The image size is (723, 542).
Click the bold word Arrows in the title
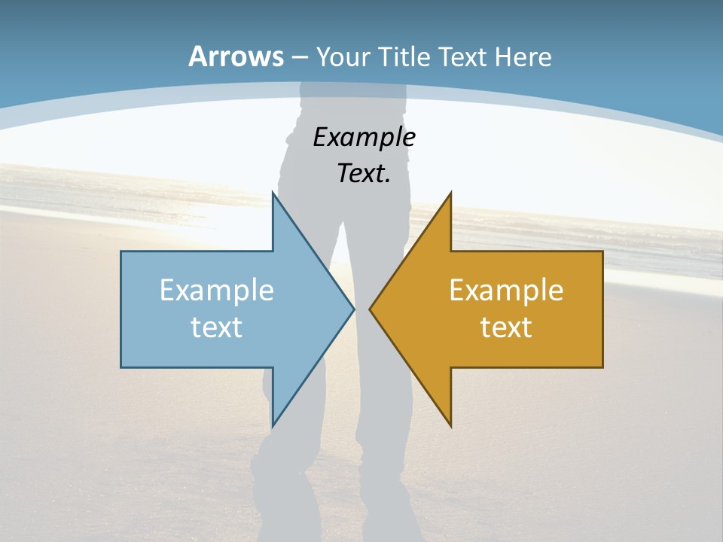coord(236,56)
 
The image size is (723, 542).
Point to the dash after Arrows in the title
coord(299,57)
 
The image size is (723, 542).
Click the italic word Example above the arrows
coord(364,137)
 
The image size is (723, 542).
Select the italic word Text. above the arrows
coord(364,173)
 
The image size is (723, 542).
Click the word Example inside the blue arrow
coord(217,290)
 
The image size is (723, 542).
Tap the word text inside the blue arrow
coord(217,327)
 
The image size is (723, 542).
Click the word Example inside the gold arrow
coord(506,290)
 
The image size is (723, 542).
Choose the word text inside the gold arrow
coord(506,327)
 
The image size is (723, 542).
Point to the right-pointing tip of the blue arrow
coord(353,309)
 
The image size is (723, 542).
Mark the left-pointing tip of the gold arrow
coord(371,309)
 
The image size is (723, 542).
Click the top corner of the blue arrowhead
coord(273,193)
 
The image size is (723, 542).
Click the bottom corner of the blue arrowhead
coord(273,426)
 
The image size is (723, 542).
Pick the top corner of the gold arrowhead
coord(450,193)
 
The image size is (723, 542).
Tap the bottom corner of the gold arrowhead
coord(450,426)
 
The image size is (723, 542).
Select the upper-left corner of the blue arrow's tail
coord(121,251)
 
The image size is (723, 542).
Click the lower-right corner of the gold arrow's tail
coord(602,367)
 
